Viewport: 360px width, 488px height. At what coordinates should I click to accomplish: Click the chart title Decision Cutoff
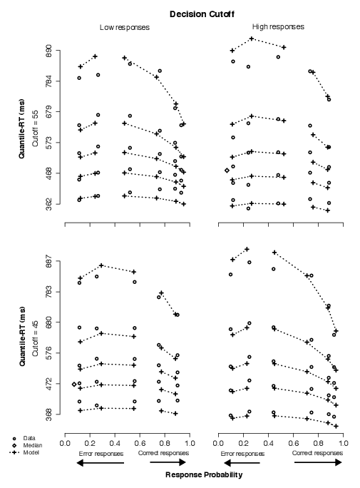202,14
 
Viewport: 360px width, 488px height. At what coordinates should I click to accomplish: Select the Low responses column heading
125,27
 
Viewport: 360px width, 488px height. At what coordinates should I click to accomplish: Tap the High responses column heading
278,27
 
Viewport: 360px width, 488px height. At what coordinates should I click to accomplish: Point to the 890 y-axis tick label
48,50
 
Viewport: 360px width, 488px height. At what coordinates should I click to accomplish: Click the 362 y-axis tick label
48,204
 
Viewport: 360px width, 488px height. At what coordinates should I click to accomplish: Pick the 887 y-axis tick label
48,261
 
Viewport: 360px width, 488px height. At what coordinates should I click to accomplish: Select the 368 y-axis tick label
48,415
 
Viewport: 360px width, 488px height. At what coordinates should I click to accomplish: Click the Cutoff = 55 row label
35,128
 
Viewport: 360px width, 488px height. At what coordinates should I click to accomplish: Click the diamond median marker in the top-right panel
227,171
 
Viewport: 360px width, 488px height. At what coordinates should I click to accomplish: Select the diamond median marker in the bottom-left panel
74,385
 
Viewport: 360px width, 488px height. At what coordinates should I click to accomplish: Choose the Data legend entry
29,438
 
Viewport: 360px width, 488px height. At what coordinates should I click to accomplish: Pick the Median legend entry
33,445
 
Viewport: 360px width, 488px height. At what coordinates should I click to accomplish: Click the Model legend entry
31,452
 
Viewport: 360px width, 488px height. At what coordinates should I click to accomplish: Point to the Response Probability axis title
204,475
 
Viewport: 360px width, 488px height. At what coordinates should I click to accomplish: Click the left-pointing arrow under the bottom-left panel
100,463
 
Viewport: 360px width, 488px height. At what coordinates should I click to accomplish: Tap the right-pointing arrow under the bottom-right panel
318,462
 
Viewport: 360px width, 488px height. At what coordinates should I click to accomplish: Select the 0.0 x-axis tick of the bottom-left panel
65,443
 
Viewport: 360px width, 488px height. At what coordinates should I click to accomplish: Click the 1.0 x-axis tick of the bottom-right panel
343,443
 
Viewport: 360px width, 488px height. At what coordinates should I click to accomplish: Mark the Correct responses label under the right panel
317,453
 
